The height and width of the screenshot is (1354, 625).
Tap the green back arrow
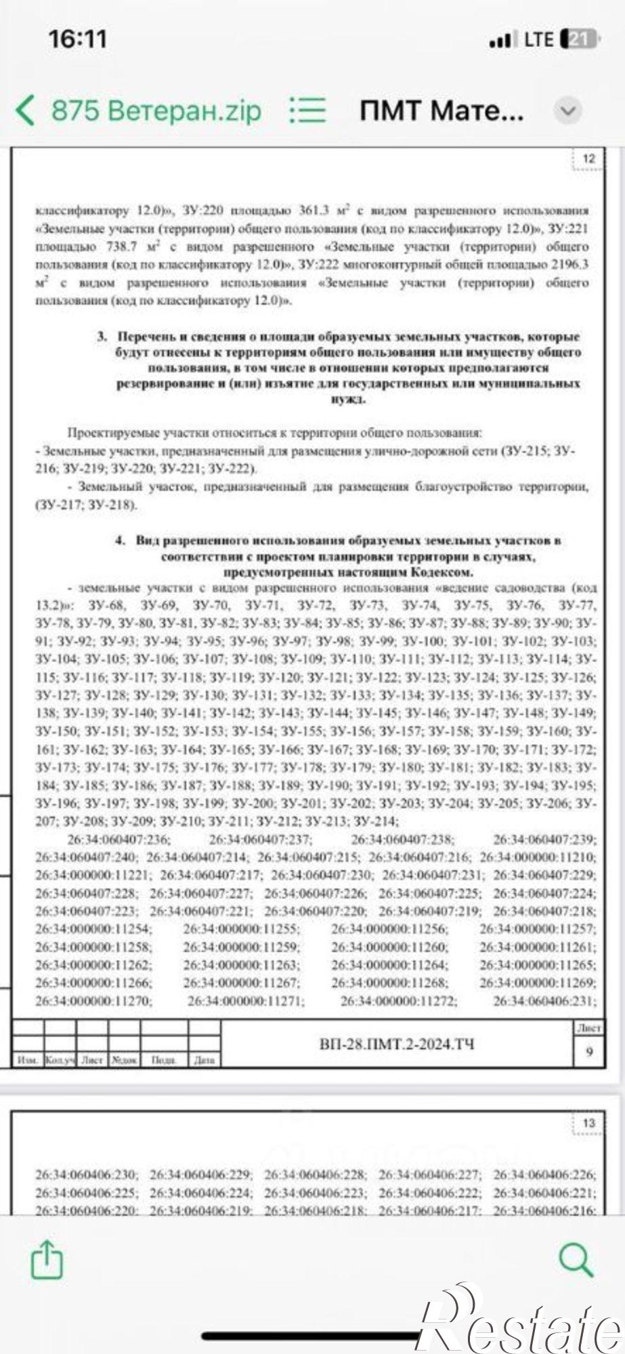24,110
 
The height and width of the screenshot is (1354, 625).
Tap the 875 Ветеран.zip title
156,110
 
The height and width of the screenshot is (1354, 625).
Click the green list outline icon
307,110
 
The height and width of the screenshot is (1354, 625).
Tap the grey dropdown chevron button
567,110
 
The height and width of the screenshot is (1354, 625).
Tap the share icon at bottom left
47,1258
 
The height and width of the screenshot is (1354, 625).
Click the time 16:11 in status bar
78,39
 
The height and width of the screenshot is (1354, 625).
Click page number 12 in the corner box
588,158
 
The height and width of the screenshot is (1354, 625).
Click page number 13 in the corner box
588,1122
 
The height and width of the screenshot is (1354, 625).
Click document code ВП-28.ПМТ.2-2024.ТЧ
396,1044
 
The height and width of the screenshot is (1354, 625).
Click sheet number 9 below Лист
589,1051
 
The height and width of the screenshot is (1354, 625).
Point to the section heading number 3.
102,336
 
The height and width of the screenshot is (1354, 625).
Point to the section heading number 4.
121,540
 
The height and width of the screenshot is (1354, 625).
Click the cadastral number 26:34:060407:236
119,839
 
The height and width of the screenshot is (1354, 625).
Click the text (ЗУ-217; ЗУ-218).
86,505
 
